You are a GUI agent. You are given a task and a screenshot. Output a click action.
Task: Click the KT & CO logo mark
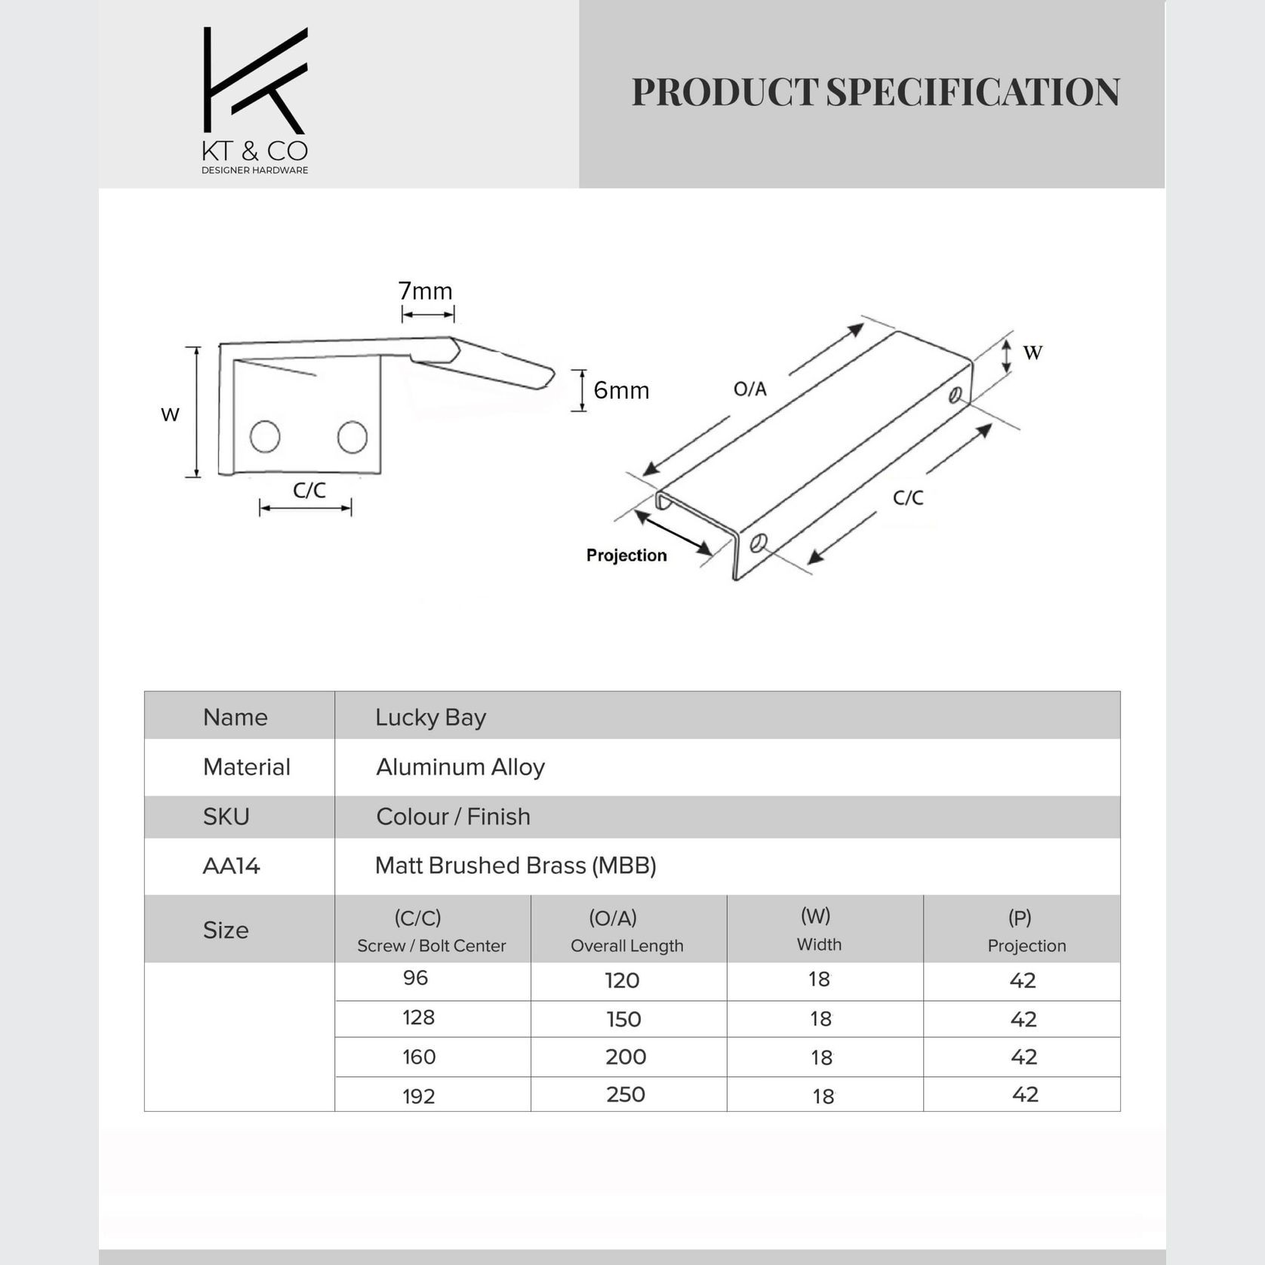(x=255, y=82)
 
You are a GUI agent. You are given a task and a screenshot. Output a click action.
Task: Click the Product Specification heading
(x=876, y=92)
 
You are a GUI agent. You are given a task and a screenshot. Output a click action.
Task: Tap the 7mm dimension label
(x=425, y=291)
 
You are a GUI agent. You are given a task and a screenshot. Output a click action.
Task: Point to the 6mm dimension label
(x=621, y=390)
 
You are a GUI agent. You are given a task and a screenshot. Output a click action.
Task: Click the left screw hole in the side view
(x=265, y=436)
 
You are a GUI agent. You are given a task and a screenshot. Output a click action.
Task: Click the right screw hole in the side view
(x=352, y=437)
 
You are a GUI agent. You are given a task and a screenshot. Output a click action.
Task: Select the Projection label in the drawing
(x=626, y=556)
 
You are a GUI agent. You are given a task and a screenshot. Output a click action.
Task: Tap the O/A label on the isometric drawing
(x=750, y=389)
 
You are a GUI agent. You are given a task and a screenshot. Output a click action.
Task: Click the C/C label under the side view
(x=309, y=491)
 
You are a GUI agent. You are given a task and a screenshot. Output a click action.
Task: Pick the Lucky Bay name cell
(x=430, y=717)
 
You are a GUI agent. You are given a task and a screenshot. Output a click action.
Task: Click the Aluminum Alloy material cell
(x=460, y=767)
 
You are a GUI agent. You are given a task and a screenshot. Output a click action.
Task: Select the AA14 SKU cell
(x=231, y=866)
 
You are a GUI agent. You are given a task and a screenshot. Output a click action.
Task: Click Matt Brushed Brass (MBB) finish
(x=516, y=866)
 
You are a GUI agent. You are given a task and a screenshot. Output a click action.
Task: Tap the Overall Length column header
(x=626, y=946)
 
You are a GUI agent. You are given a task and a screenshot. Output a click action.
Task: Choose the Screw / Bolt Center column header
(x=431, y=946)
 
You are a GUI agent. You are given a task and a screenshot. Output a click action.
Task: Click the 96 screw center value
(x=415, y=978)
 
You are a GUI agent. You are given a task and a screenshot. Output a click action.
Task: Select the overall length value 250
(x=626, y=1094)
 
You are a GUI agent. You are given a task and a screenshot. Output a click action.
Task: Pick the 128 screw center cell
(x=418, y=1017)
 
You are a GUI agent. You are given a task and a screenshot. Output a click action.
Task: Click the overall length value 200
(x=626, y=1057)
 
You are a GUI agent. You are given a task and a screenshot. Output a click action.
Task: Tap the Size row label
(x=226, y=930)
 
